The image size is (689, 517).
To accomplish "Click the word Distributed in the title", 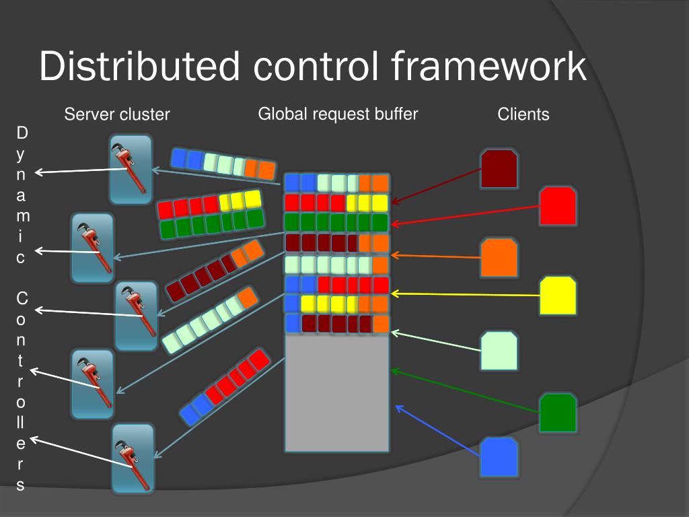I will coord(139,67).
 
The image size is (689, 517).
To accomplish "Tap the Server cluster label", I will coord(117,114).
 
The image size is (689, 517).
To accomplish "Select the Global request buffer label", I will coord(338,114).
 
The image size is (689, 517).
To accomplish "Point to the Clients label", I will coord(523,114).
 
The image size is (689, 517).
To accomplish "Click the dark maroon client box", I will coord(499,169).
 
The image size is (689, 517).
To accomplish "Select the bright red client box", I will coord(558,206).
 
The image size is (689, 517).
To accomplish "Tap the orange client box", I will coord(499,258).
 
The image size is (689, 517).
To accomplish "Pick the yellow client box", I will coord(558,296).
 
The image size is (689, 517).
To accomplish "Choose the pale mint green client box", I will coord(499,351).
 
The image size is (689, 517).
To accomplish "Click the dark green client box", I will coord(558,413).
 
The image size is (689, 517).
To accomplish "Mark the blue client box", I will coord(499,457).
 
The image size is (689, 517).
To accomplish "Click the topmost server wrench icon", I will coord(131,169).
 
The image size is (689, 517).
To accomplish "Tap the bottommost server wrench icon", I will coord(133,458).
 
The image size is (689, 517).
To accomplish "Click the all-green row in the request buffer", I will coord(336,221).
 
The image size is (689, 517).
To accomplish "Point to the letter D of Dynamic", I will coord(22,131).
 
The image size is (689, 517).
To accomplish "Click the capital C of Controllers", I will coord(22,298).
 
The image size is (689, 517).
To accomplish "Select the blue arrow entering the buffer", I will coord(437,431).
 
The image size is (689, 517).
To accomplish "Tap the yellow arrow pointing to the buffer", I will coord(464,294).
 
